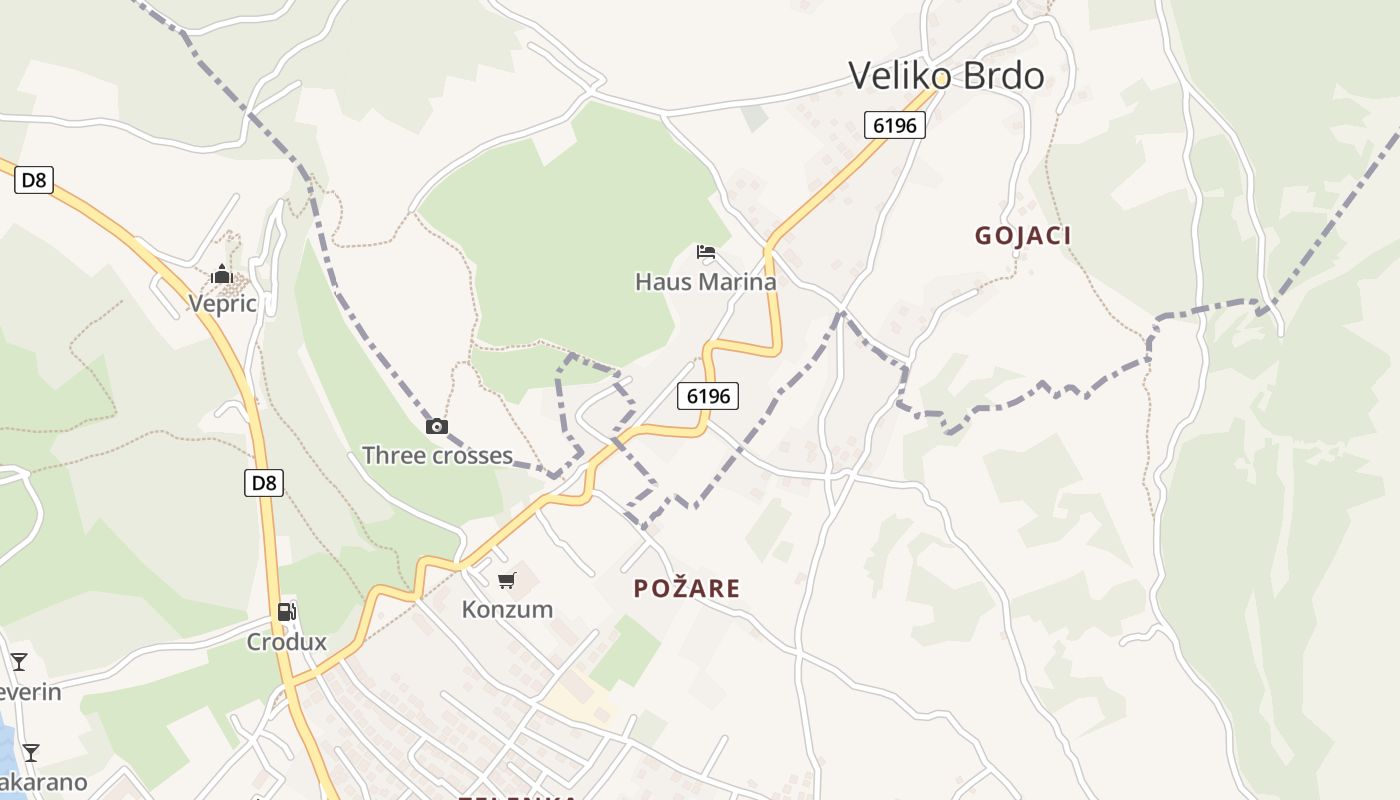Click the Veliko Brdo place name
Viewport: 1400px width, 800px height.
[946, 76]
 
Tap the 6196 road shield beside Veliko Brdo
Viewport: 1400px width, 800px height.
[895, 125]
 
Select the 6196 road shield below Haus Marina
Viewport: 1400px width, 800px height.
[708, 396]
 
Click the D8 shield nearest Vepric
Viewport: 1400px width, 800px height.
[34, 180]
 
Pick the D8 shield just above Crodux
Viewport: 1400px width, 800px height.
[264, 483]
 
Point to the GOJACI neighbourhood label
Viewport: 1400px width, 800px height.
[1023, 236]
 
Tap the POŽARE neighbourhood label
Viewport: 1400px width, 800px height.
[687, 589]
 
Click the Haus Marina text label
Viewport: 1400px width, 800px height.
[705, 282]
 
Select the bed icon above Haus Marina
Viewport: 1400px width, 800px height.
[706, 252]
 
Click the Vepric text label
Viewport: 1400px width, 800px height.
[223, 304]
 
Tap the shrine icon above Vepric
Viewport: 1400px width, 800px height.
[222, 274]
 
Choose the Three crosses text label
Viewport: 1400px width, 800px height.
[437, 456]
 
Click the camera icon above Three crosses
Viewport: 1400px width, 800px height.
[437, 427]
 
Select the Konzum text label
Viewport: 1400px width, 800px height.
[507, 609]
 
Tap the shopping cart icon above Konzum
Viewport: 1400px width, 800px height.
[507, 580]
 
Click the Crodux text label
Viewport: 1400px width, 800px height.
[287, 642]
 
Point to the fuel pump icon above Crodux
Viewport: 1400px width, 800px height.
[287, 612]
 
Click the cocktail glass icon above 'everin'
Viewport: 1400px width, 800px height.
[19, 661]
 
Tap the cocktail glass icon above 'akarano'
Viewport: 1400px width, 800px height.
[31, 753]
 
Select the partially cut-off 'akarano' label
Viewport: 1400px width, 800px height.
[43, 782]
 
